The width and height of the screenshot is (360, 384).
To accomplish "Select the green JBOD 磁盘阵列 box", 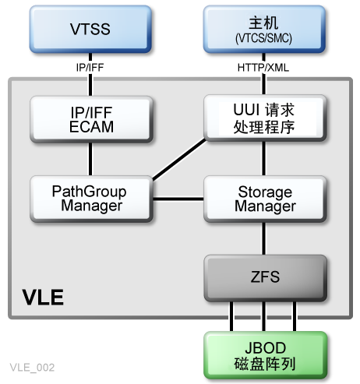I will [263, 355].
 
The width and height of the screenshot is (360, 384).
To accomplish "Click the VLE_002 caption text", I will [32, 366].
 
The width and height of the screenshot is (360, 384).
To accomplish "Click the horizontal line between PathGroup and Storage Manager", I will [178, 199].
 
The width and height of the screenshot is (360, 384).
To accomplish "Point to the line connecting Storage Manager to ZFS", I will [263, 238].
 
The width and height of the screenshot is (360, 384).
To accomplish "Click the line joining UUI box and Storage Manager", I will [263, 159].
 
